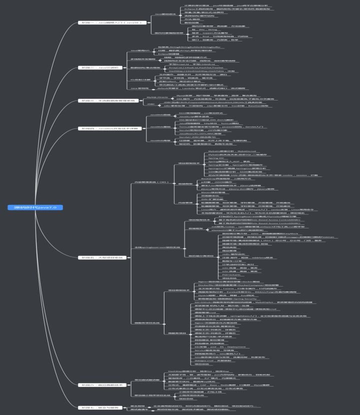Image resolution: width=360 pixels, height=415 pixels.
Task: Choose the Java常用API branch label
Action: click(140, 50)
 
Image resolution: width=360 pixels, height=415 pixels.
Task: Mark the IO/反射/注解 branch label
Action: click(140, 79)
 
